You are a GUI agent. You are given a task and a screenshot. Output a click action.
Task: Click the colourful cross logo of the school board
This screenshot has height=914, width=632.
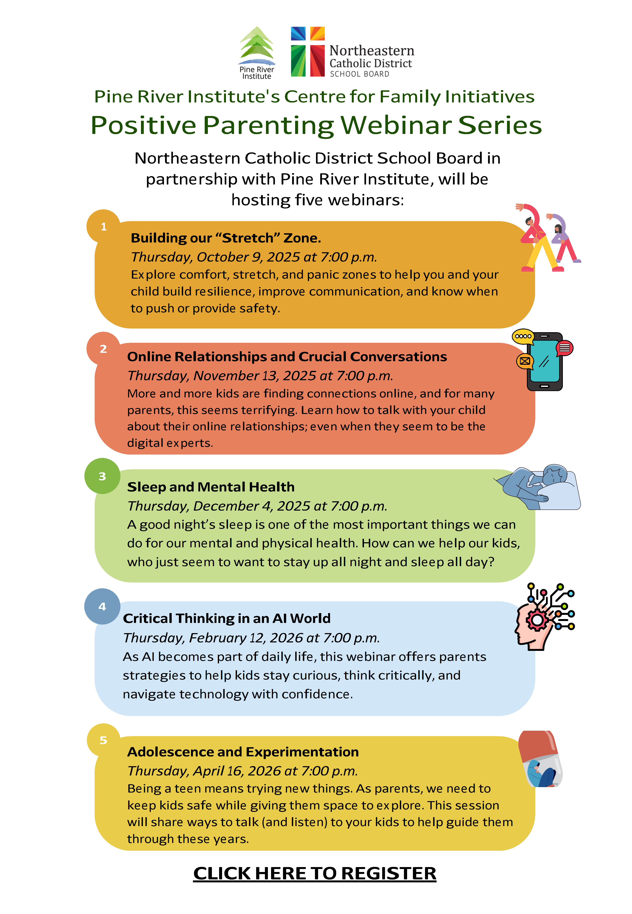click(x=308, y=52)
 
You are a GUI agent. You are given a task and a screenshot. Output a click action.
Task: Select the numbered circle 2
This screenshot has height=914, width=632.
click(x=103, y=349)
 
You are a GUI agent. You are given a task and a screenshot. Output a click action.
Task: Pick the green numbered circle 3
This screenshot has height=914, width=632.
click(x=102, y=476)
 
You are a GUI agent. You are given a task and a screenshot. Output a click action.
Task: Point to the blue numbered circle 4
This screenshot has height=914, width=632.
click(x=102, y=606)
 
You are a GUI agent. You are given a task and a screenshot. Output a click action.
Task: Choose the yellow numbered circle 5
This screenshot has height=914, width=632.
click(x=103, y=740)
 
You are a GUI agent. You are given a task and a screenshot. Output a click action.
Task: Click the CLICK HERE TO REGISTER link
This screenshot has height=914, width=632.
click(x=315, y=873)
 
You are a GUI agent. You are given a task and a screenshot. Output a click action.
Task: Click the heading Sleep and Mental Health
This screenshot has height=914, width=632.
click(x=211, y=487)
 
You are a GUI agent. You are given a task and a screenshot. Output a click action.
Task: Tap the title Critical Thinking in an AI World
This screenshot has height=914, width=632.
click(x=226, y=618)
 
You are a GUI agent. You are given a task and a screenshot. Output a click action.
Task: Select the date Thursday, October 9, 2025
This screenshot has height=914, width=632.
click(x=254, y=257)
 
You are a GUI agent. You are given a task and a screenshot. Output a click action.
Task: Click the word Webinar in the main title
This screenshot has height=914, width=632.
click(x=396, y=125)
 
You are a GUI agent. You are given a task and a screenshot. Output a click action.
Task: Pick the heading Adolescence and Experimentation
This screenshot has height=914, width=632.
click(x=243, y=752)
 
